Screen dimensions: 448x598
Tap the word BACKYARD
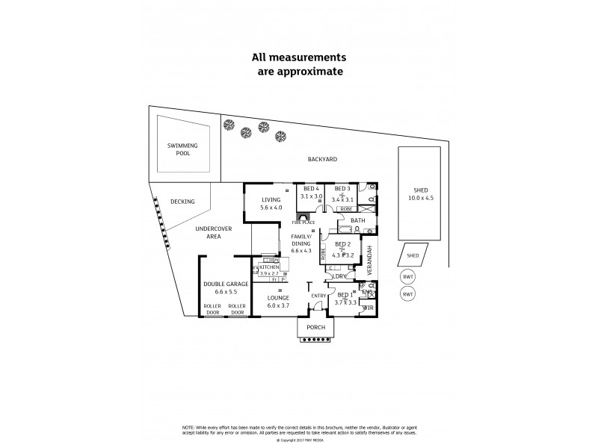tap(322, 159)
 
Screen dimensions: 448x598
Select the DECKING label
tap(182, 202)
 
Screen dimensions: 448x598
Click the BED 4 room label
tap(310, 188)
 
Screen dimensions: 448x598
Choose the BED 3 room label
tap(343, 188)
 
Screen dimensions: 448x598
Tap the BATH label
tap(358, 220)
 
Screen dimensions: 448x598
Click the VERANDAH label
tap(371, 258)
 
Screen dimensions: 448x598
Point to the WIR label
tap(367, 308)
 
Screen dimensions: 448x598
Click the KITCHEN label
tap(269, 267)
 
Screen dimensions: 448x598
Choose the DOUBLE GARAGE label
tap(225, 284)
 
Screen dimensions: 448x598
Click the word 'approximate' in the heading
tap(298, 72)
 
